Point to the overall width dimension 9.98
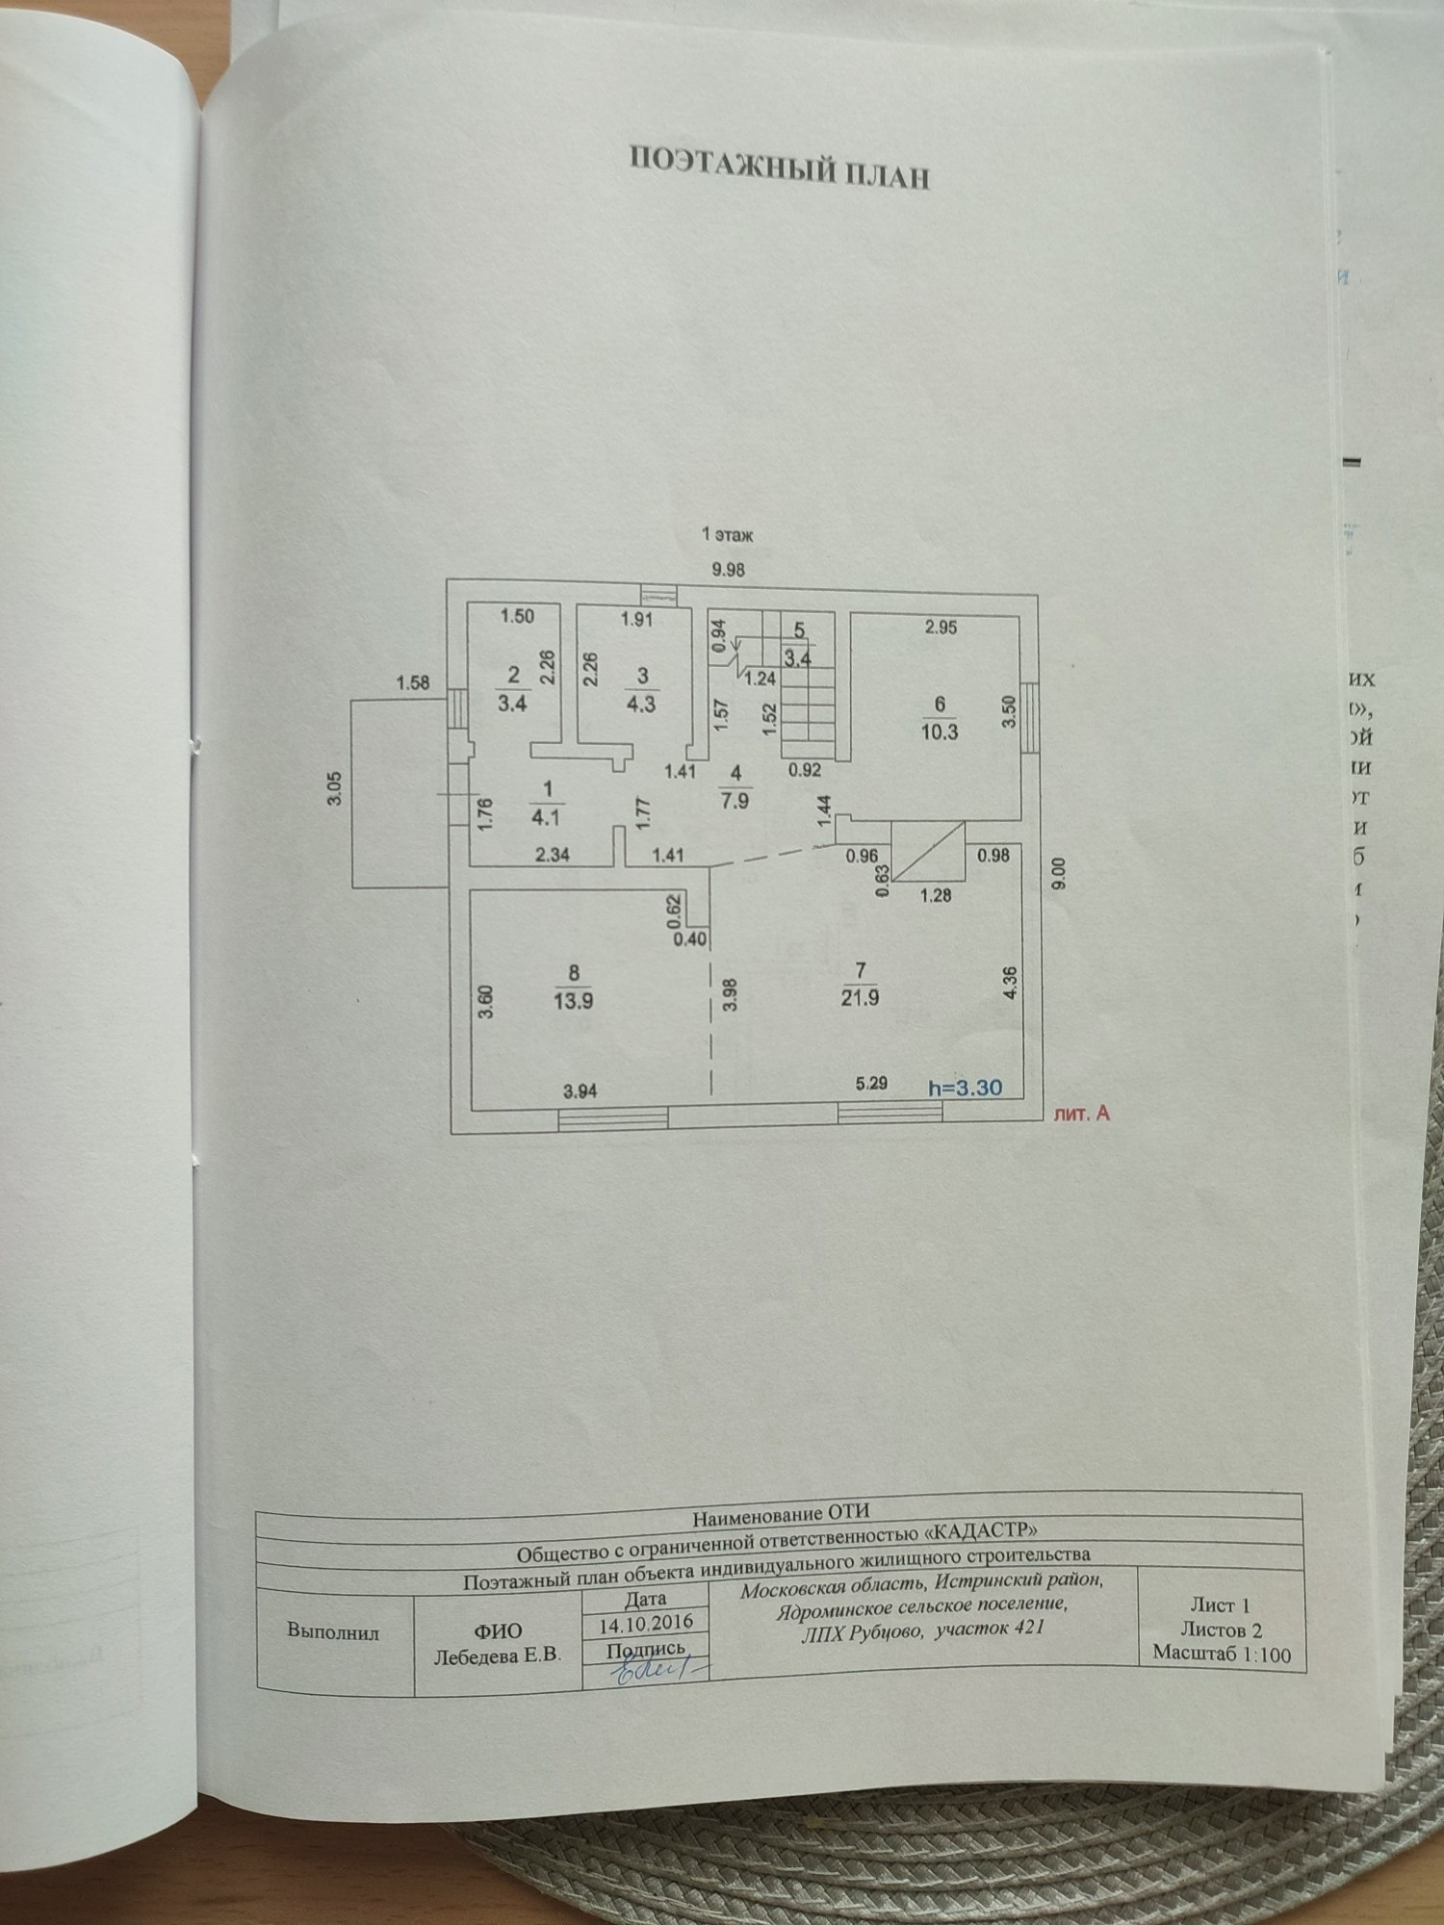728,570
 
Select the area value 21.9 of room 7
859,999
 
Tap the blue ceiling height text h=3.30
965,1088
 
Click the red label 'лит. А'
1084,1114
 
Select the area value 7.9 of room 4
735,801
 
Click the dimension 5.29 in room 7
870,1084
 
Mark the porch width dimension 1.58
413,684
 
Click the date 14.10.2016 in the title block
646,1622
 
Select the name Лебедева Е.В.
498,1654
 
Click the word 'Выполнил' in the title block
333,1632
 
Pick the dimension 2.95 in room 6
941,628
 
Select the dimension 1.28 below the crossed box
936,895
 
